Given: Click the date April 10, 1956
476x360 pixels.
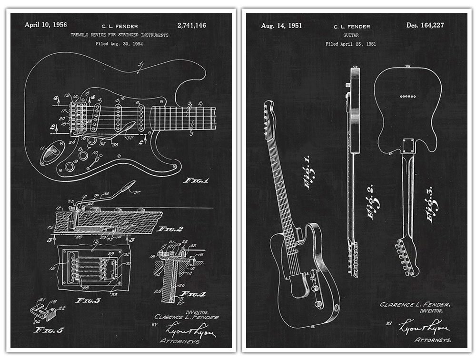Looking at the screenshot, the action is (x=46, y=25).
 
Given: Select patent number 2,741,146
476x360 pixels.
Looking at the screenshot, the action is (x=191, y=25).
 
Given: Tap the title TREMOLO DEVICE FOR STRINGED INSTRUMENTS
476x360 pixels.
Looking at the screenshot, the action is (x=119, y=35).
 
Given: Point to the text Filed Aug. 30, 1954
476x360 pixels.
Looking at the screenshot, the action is (x=119, y=44).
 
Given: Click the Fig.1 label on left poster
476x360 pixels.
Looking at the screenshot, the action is (x=196, y=180).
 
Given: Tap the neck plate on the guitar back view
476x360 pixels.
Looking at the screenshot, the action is (x=408, y=146).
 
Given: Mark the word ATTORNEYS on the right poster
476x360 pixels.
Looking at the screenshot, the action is (x=433, y=340).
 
